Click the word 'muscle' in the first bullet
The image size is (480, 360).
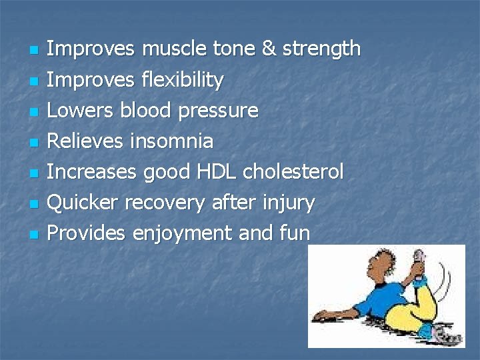point(175,49)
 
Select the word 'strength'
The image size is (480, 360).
point(321,49)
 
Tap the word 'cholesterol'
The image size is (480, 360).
point(293,172)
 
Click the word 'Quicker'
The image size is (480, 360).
point(82,203)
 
